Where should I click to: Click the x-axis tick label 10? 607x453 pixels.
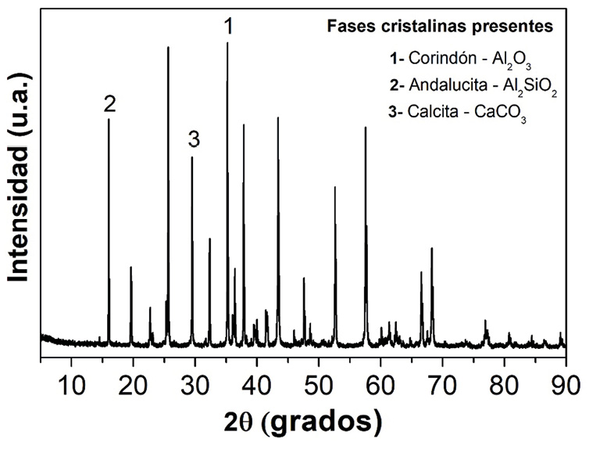71,384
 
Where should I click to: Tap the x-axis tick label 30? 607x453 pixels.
195,384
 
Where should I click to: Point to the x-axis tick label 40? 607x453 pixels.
256,384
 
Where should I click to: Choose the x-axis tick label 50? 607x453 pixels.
318,384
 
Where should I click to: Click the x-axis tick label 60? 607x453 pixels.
380,384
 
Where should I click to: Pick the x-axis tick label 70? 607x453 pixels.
442,384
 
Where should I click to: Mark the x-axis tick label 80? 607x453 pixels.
504,384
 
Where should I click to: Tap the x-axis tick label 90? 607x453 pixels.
566,384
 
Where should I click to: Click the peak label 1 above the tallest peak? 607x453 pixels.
228,27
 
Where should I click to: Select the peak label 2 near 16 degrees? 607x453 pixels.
109,104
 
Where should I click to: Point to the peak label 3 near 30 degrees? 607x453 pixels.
194,140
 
